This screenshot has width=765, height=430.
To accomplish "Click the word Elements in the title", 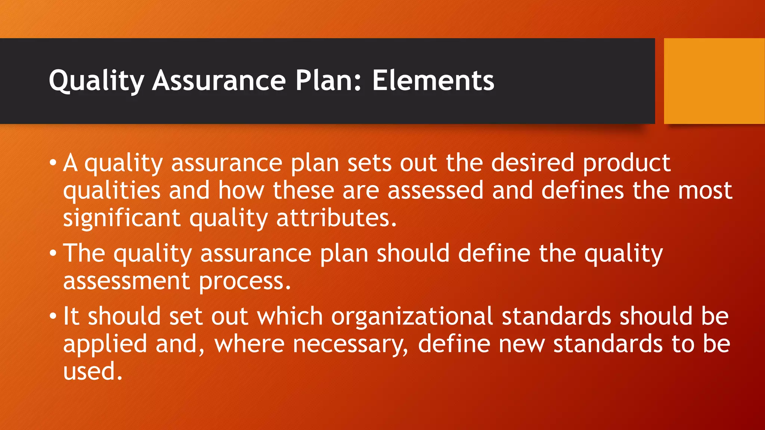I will click(x=433, y=81).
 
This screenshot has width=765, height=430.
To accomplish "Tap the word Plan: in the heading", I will click(x=328, y=81).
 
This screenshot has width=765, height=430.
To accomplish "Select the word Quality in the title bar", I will click(x=96, y=81).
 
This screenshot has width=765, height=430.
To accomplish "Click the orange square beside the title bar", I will click(x=714, y=81).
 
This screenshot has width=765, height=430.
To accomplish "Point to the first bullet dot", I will click(x=53, y=163).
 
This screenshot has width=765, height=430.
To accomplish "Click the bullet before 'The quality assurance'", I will click(x=53, y=253).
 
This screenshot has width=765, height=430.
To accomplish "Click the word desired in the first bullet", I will click(x=532, y=163).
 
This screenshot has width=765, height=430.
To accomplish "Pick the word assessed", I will click(x=435, y=190).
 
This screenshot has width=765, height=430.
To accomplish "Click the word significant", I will click(x=122, y=218).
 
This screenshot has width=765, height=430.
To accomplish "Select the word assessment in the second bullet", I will click(x=127, y=281).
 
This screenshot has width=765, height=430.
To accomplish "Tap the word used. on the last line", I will click(x=93, y=371).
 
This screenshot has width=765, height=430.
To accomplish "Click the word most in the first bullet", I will click(x=705, y=190).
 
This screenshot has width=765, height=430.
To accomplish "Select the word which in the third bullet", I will click(x=289, y=316).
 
